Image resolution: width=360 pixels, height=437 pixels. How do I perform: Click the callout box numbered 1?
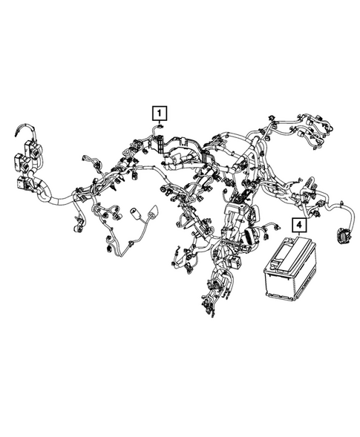point(160,114)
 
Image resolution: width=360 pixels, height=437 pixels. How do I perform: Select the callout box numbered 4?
point(299,225)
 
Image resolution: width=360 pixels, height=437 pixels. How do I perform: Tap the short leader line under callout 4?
point(299,234)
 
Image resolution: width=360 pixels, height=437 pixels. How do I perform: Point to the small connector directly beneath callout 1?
point(160,127)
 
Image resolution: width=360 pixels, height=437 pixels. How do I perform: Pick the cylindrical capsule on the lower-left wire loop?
point(137,213)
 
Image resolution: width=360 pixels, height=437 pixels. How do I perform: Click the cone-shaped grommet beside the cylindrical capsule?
point(154,211)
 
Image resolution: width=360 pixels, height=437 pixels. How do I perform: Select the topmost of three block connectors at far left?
point(32,148)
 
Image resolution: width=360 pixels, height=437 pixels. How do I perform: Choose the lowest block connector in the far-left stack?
point(24,183)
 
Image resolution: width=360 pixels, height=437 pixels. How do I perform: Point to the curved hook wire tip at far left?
point(16,134)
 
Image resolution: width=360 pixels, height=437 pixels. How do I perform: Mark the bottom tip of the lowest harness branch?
point(213,316)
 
